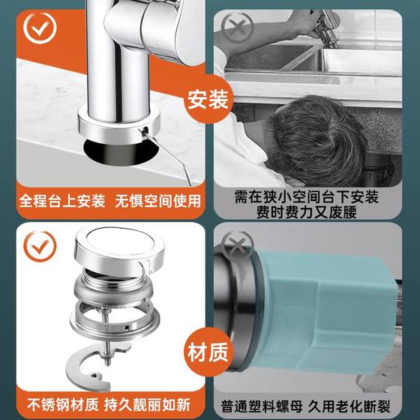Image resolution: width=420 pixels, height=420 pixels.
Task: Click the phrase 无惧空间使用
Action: tap(158, 201)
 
